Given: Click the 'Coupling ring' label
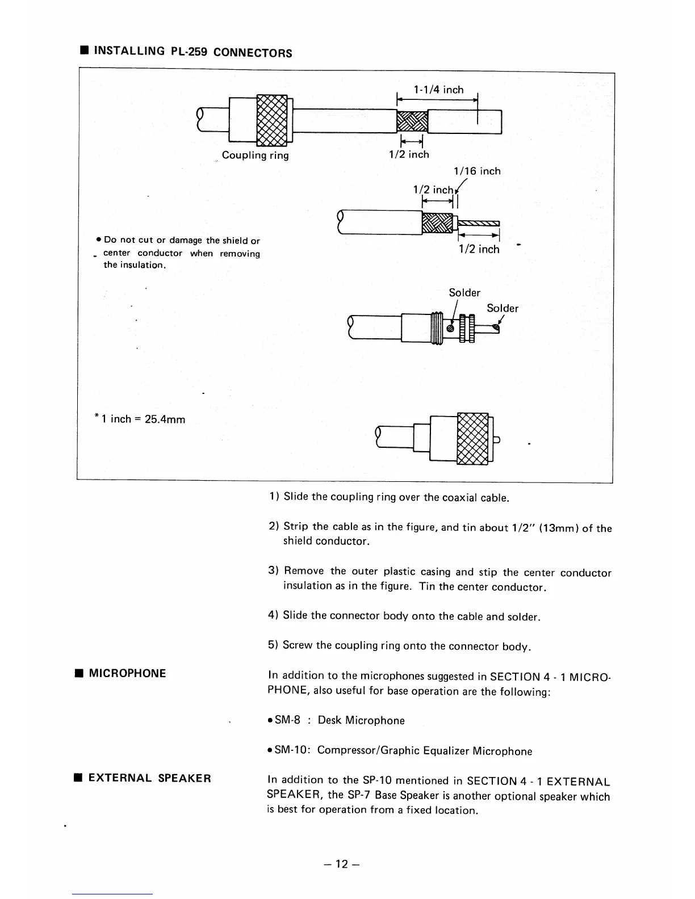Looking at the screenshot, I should [x=255, y=155].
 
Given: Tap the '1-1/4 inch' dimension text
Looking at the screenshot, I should [x=438, y=90].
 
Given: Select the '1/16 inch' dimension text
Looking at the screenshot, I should [x=477, y=171].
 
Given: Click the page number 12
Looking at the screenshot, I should [x=341, y=864].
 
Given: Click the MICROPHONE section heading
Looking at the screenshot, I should [x=127, y=674].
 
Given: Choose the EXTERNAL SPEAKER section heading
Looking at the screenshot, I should [x=149, y=778].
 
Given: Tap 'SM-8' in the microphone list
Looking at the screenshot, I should [x=287, y=720].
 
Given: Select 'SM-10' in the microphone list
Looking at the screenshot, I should [x=290, y=750].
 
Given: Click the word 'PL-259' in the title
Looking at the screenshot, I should [x=190, y=52].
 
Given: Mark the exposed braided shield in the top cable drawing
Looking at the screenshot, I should [x=411, y=121].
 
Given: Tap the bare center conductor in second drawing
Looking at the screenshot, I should [x=479, y=222].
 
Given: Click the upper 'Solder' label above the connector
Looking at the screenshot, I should [x=464, y=292].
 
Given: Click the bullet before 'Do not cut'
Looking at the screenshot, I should [x=99, y=241].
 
